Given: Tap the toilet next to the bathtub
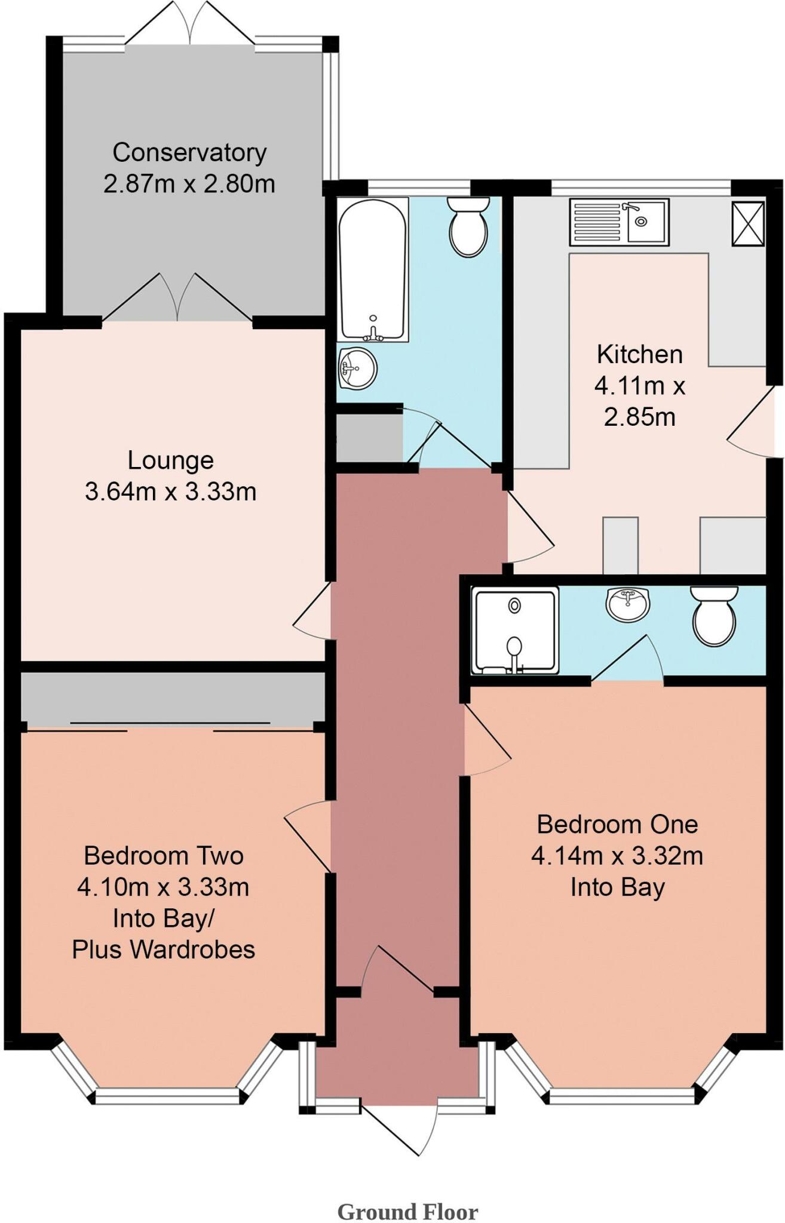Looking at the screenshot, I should tap(468, 227).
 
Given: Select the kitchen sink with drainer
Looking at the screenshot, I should tap(619, 223).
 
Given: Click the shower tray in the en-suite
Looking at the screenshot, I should tap(515, 631).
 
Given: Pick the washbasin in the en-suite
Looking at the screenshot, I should tap(627, 604).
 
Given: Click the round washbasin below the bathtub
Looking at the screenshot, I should tap(357, 368).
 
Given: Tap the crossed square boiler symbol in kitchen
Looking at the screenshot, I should tap(748, 223).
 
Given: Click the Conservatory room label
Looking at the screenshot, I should tap(189, 153).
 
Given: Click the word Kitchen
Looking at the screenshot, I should tap(639, 355).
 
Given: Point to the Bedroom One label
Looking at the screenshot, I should tap(617, 825).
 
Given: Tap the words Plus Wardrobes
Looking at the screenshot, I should tap(164, 949).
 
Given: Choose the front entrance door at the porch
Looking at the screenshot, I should tap(399, 1128).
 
